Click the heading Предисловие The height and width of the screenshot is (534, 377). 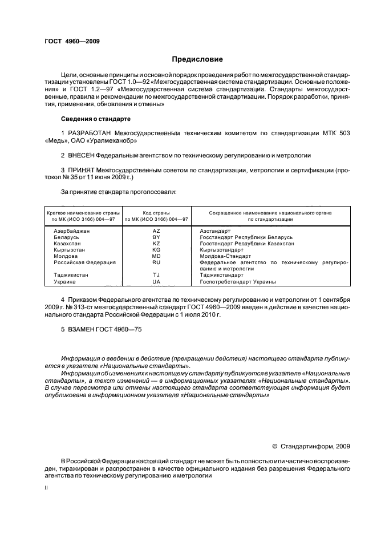197,59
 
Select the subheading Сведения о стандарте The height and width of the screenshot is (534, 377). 96,119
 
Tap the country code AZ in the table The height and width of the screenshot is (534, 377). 156,230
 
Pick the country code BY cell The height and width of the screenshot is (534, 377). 156,237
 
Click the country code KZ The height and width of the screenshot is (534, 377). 156,243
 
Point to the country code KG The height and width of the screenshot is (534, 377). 156,250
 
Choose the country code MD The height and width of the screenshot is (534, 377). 156,256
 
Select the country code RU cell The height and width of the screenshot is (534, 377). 156,262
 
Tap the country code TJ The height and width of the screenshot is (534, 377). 156,275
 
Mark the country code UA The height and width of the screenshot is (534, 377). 156,282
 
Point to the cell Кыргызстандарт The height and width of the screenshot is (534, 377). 222,250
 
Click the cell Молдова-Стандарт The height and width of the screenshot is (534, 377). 225,256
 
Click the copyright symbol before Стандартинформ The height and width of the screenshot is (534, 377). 274,446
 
